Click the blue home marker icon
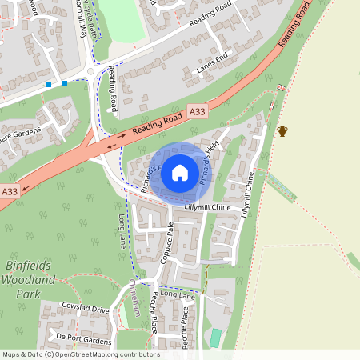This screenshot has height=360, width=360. (179, 172)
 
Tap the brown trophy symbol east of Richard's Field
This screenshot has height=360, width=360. (282, 130)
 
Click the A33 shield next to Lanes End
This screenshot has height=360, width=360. (198, 114)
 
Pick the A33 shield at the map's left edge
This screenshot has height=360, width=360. (9, 192)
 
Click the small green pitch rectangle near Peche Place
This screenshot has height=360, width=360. (214, 338)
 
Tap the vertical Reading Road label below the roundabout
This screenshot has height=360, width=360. (114, 89)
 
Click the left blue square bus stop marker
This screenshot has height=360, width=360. (49, 84)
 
